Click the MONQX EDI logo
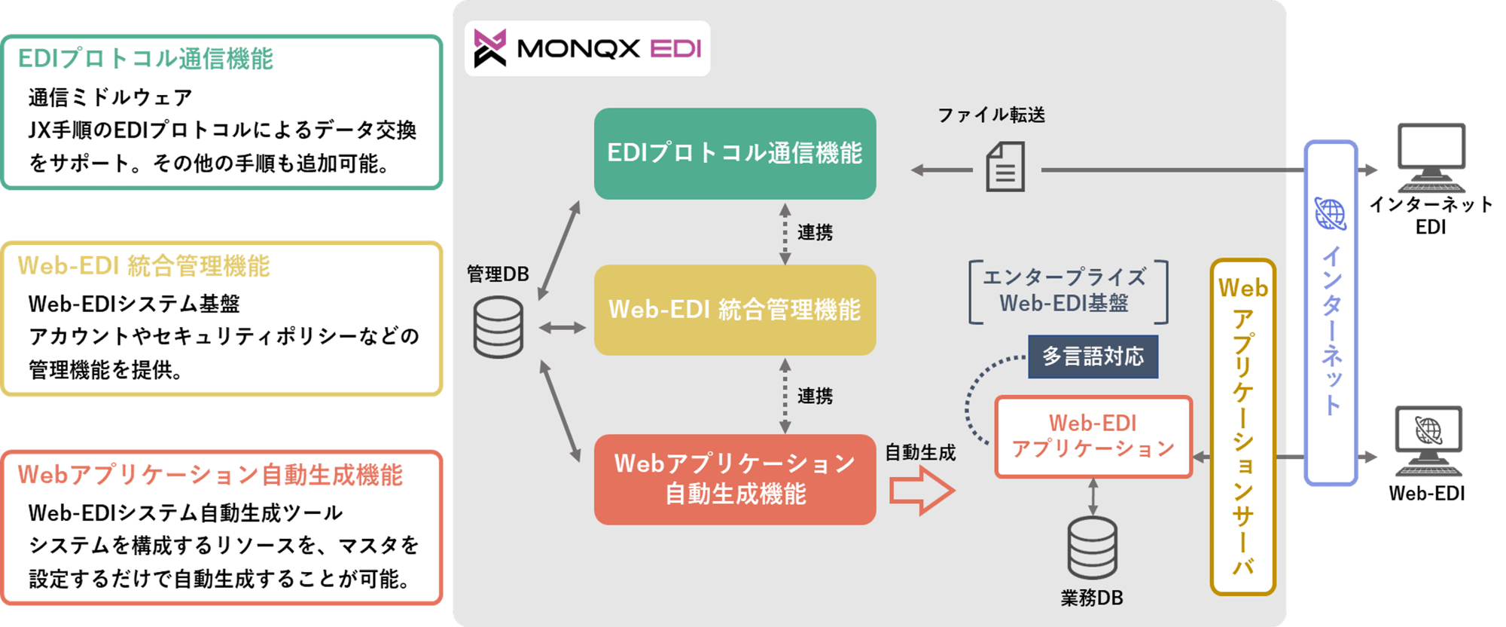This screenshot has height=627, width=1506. click(587, 48)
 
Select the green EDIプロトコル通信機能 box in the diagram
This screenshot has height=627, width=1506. click(735, 154)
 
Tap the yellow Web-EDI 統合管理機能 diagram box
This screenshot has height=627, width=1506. click(735, 310)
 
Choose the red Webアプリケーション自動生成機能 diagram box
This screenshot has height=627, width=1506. click(735, 479)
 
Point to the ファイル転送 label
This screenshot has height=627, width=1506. click(991, 115)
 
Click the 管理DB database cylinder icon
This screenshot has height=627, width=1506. click(498, 327)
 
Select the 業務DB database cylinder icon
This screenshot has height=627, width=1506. click(1092, 549)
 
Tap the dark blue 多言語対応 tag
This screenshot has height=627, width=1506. click(1093, 356)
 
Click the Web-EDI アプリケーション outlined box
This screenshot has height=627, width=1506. click(1093, 436)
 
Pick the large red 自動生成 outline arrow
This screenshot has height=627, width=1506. click(922, 491)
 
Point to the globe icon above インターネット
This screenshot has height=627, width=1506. click(1331, 214)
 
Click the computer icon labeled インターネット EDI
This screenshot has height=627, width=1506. click(1431, 158)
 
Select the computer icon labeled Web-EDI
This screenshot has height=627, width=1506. click(1428, 441)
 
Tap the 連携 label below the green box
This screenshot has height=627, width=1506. click(815, 233)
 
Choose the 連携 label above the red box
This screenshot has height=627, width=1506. click(815, 396)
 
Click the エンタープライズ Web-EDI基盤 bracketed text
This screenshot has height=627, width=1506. click(1065, 291)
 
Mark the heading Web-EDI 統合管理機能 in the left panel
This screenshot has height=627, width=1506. click(144, 266)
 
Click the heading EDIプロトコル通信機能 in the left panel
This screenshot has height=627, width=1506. click(145, 59)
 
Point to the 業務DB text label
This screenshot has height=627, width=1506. click(1092, 598)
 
